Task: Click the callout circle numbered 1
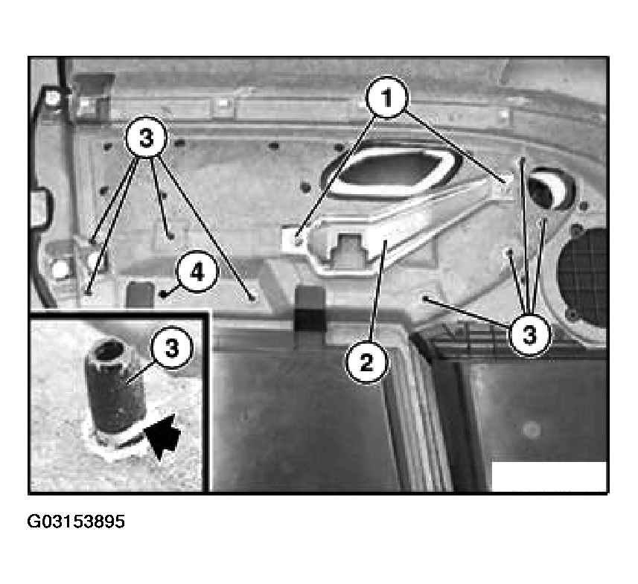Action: [386, 97]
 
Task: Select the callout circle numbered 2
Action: [366, 362]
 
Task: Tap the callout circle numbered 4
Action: [197, 272]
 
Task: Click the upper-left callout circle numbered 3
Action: [147, 138]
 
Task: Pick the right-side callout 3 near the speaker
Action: [529, 335]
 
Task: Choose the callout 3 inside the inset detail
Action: [171, 347]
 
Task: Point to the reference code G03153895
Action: [76, 522]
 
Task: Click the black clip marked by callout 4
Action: [164, 293]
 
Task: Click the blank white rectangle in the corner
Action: [549, 476]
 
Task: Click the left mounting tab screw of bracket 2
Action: [299, 241]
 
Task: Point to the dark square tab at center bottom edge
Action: [310, 308]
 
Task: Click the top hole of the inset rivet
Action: [109, 350]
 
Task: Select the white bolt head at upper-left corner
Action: [52, 97]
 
